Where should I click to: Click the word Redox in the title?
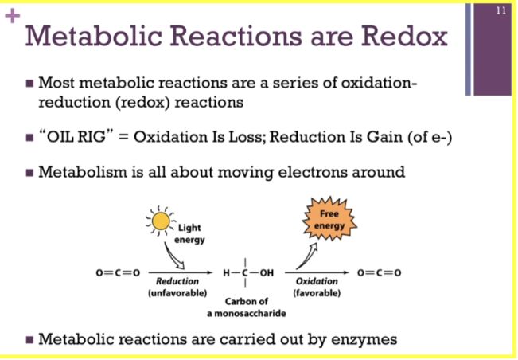tap(404, 36)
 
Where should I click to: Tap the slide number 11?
tap(500, 11)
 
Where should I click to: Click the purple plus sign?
tap(13, 16)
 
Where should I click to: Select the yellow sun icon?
tap(161, 221)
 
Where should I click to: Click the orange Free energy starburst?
tap(329, 219)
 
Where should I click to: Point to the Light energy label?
tap(189, 233)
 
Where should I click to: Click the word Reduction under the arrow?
tap(177, 281)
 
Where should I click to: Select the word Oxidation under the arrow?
tap(317, 281)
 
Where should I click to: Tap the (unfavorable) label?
tap(177, 293)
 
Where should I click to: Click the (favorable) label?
tap(317, 293)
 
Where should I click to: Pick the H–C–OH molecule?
tap(248, 272)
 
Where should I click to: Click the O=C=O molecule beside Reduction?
tap(118, 272)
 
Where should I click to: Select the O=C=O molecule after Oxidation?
tap(380, 272)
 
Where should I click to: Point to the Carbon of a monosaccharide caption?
tap(247, 307)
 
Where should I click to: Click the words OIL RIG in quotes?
tap(76, 137)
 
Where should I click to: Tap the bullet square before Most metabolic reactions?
tap(29, 83)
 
